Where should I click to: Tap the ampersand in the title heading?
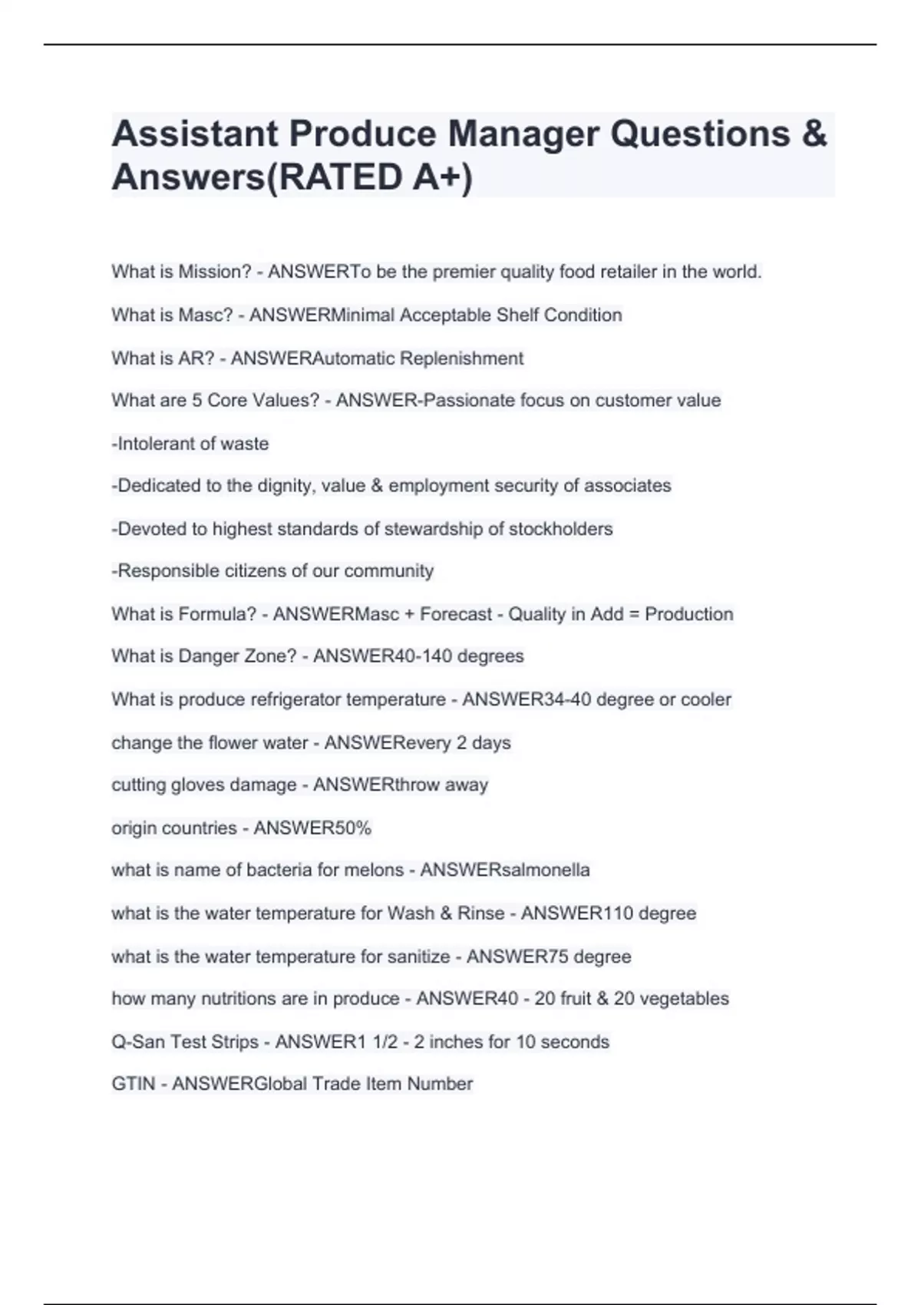pos(814,134)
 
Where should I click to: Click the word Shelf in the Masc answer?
pos(517,315)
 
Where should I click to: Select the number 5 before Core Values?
pos(197,401)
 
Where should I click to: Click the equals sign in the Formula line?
pos(634,614)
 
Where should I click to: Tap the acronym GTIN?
pos(134,1084)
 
